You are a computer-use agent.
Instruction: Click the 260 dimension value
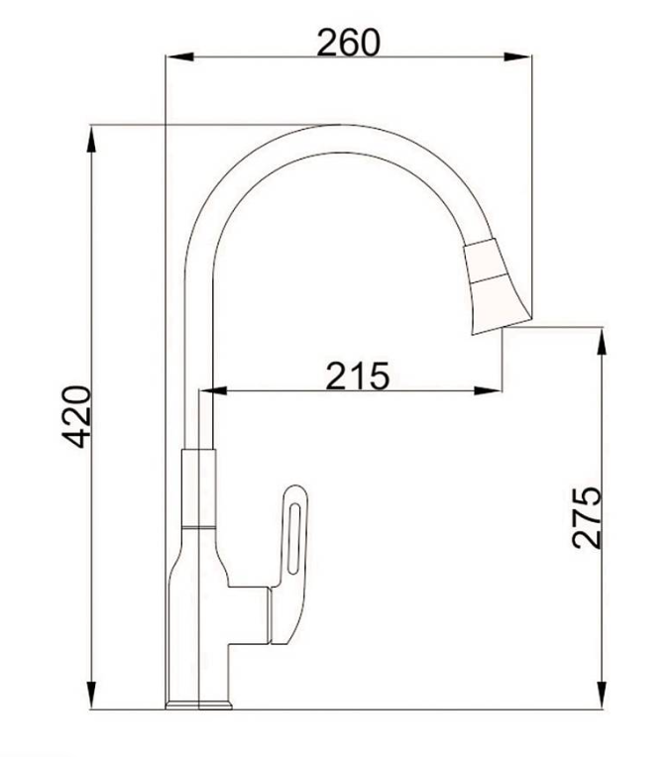click(348, 43)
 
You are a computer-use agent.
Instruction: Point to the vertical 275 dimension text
click(587, 516)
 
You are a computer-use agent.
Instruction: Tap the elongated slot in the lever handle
click(295, 535)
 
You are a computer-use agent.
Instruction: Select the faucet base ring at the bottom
click(198, 705)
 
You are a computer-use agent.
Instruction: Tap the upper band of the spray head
click(486, 260)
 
